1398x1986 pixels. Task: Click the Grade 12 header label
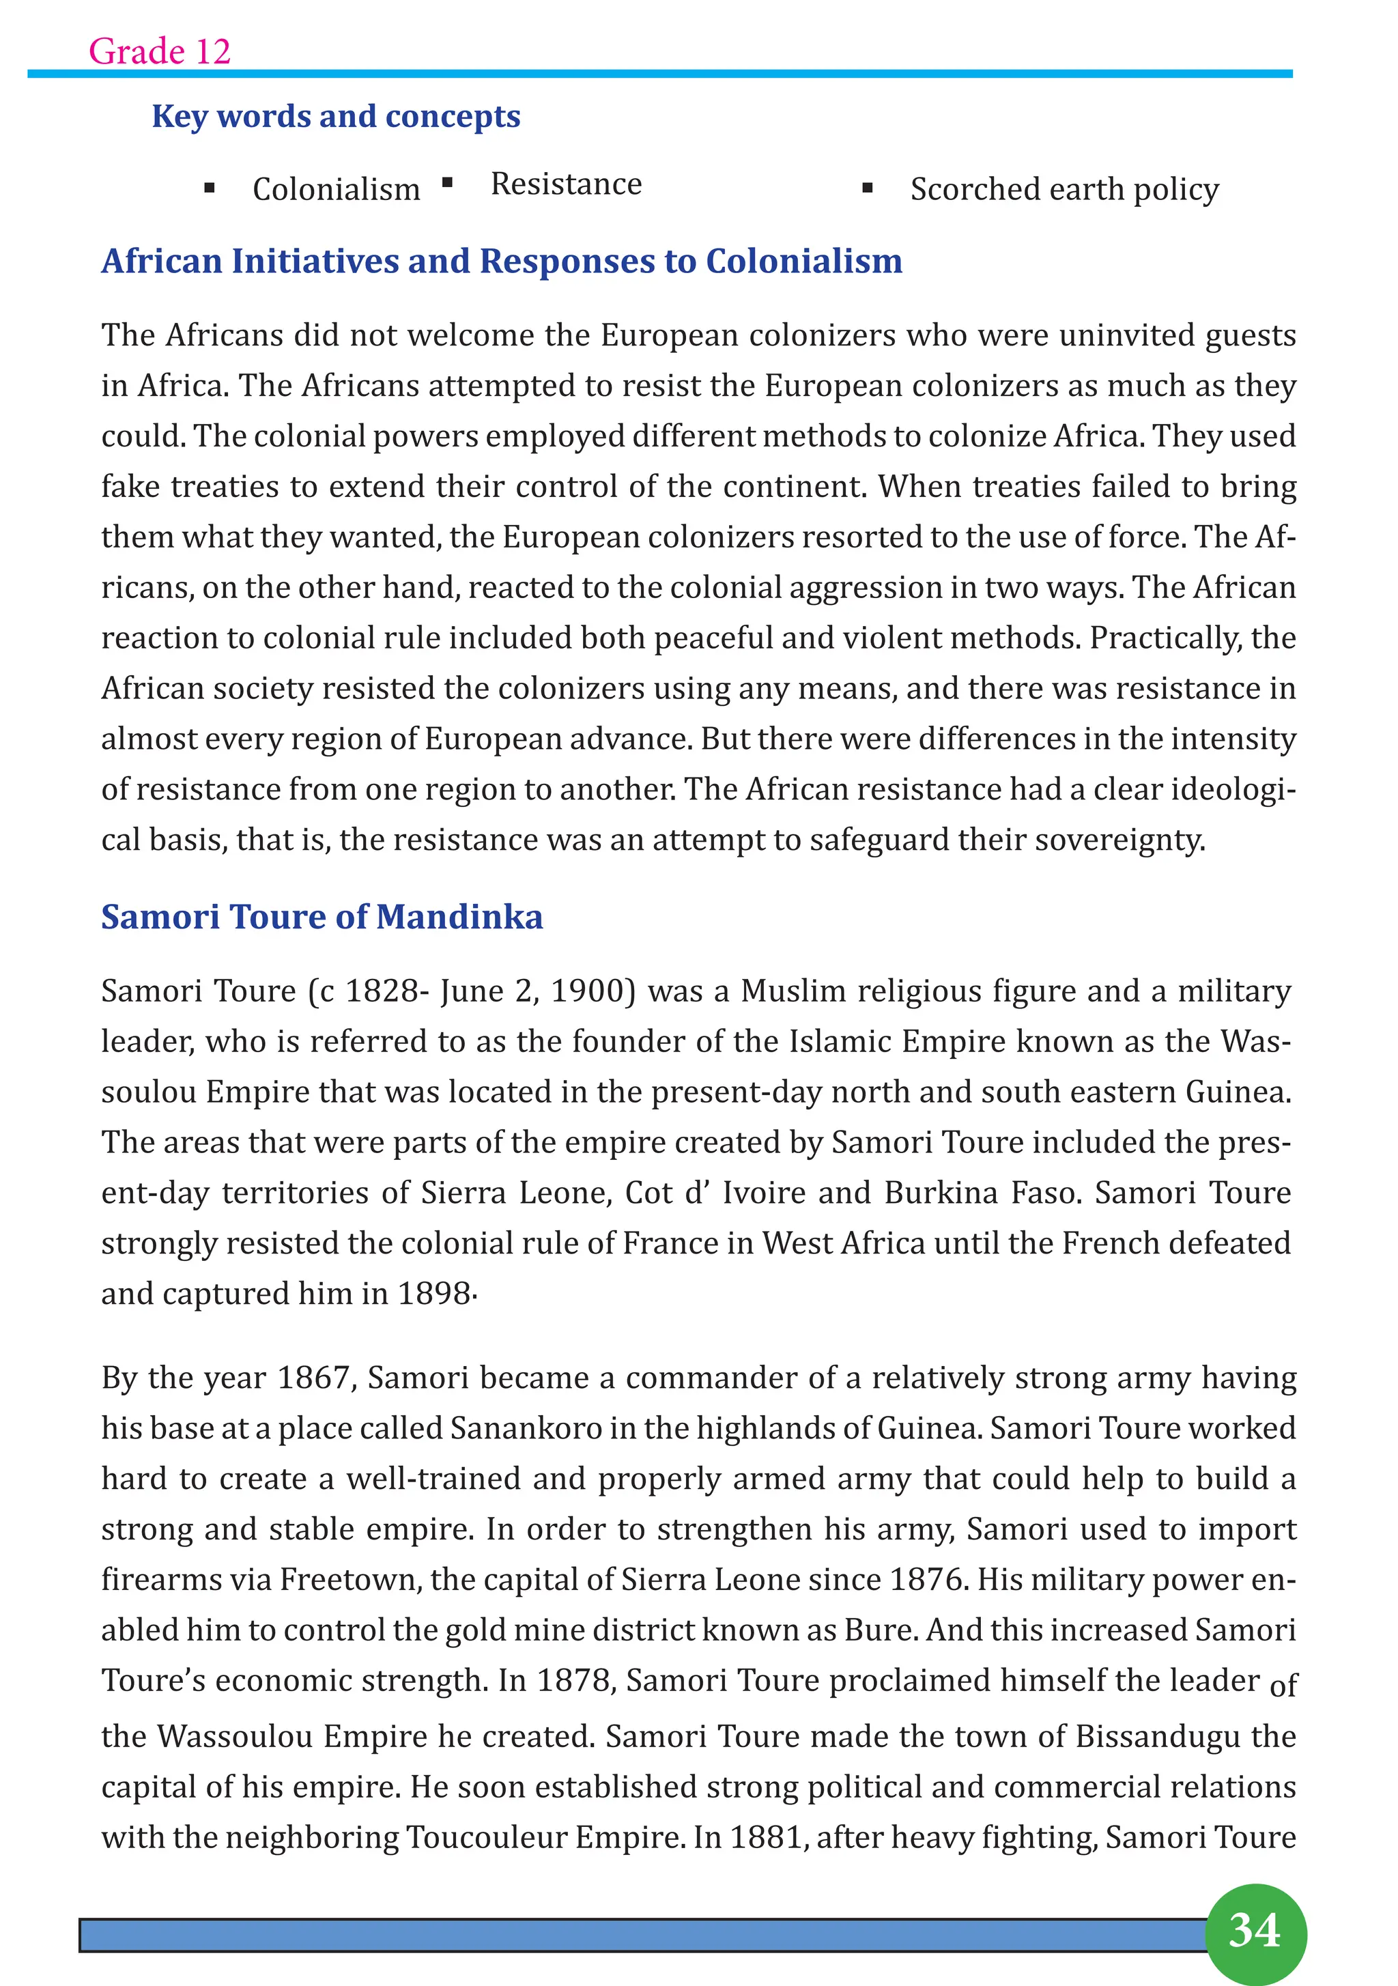pyautogui.click(x=159, y=51)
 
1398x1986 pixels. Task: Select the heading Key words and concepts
pyautogui.click(x=336, y=116)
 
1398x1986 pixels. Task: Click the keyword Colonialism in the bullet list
pyautogui.click(x=336, y=189)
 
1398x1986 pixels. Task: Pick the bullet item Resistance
pyautogui.click(x=566, y=184)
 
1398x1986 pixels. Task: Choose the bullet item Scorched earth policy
pyautogui.click(x=1064, y=189)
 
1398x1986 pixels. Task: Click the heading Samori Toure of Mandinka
pyautogui.click(x=322, y=917)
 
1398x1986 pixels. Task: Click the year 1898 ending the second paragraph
pyautogui.click(x=434, y=1294)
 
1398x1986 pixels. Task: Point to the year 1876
pyautogui.click(x=926, y=1580)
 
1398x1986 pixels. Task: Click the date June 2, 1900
pyautogui.click(x=537, y=991)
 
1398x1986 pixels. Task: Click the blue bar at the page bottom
pyautogui.click(x=640, y=1935)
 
